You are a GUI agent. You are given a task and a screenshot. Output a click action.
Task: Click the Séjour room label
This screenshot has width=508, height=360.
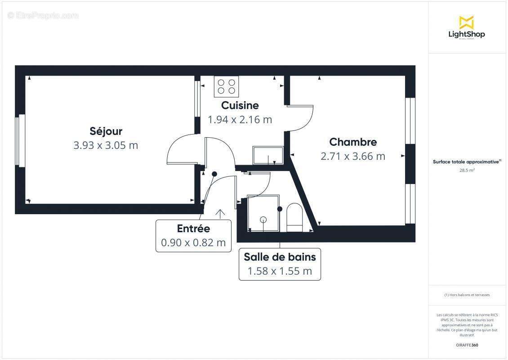[106, 131]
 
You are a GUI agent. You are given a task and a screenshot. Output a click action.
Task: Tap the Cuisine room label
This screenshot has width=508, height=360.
[240, 105]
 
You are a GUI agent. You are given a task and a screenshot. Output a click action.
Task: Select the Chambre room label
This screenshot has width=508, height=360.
[353, 142]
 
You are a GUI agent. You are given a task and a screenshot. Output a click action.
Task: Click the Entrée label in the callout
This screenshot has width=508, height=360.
[193, 228]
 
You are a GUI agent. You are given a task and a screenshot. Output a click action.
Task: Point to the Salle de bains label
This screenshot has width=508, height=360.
[280, 257]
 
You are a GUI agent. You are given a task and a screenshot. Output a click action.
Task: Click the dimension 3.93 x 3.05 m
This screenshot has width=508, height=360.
[106, 145]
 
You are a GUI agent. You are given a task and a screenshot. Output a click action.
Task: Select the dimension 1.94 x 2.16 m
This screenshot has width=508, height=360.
[240, 120]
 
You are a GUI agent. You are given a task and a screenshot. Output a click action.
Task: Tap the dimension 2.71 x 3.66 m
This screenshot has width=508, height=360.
[353, 156]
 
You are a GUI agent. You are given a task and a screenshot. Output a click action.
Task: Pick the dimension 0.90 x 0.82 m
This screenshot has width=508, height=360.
[193, 243]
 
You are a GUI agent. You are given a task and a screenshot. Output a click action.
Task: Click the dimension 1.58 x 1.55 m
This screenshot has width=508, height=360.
[280, 271]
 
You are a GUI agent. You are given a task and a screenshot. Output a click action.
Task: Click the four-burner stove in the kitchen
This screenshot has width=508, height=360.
[226, 86]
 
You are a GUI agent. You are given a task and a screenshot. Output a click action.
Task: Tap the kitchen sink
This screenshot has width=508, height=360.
[268, 155]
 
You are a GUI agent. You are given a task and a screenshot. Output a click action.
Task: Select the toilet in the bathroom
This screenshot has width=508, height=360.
[294, 217]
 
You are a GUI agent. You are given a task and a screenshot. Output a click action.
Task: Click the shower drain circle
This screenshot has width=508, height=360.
[263, 220]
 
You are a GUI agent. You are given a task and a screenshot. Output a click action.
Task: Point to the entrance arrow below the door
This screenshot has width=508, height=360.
[220, 213]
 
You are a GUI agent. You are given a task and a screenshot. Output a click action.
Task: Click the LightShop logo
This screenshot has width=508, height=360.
[466, 27]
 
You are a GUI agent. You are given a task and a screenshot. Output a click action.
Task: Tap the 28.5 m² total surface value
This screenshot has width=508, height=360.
[466, 171]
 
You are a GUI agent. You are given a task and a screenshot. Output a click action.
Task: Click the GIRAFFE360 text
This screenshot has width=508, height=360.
[466, 345]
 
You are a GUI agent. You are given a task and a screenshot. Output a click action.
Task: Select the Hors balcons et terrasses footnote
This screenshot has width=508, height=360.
[467, 295]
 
